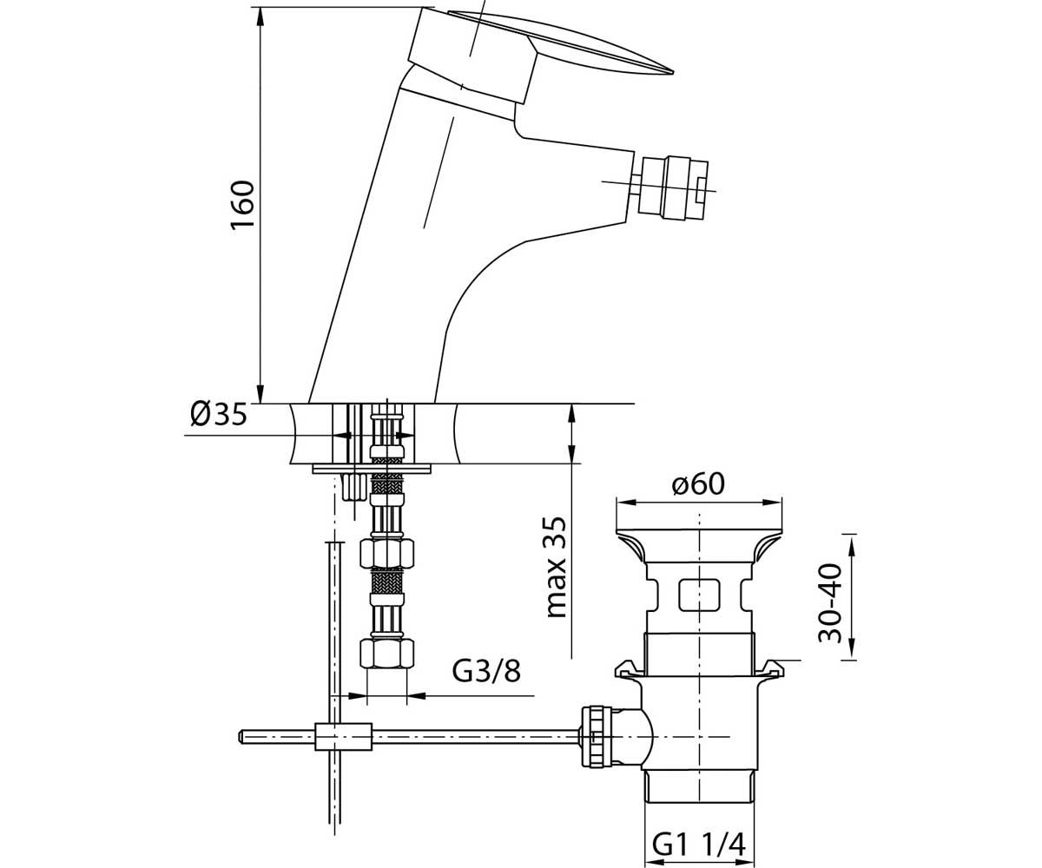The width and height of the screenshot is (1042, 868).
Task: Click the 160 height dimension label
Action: pos(243,205)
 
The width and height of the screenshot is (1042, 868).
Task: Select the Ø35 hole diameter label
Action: pos(219,414)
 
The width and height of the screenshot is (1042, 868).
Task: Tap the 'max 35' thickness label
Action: pos(557,567)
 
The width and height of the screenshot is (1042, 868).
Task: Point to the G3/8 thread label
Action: pos(486,671)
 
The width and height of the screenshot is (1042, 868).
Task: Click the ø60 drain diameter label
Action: pos(697,483)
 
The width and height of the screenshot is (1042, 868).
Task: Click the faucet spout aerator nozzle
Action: pos(674,187)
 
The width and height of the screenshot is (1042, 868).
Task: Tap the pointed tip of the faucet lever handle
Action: pos(673,71)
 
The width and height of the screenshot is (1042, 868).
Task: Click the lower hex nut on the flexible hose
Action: pos(386,654)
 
